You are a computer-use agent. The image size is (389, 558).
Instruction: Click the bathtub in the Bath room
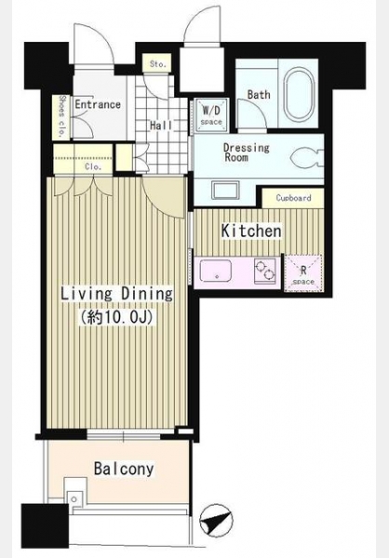pyautogui.click(x=299, y=94)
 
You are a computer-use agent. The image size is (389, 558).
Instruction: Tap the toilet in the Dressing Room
pyautogui.click(x=307, y=158)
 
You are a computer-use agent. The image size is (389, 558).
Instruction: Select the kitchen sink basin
pyautogui.click(x=216, y=271)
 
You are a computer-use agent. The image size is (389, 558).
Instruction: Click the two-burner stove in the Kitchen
pyautogui.click(x=265, y=271)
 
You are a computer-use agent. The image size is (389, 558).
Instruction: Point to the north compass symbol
pyautogui.click(x=216, y=520)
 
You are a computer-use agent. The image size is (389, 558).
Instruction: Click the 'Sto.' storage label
pyautogui.click(x=157, y=64)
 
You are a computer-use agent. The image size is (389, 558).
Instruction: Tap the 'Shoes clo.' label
pyautogui.click(x=62, y=116)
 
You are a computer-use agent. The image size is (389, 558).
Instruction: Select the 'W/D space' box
pyautogui.click(x=211, y=114)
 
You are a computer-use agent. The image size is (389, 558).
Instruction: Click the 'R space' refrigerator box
pyautogui.click(x=303, y=274)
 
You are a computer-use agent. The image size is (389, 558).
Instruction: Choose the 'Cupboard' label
pyautogui.click(x=293, y=198)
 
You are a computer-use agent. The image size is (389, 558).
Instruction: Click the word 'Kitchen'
pyautogui.click(x=251, y=231)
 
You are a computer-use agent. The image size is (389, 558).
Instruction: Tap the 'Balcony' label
pyautogui.click(x=124, y=469)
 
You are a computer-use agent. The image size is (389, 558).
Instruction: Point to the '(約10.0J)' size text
pyautogui.click(x=117, y=316)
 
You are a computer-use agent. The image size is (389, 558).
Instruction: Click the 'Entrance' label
pyautogui.click(x=98, y=104)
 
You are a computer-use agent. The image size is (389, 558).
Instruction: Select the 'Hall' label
pyautogui.click(x=161, y=126)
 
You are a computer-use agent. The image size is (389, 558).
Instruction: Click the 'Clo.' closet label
pyautogui.click(x=93, y=166)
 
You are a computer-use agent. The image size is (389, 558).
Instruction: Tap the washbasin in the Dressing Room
pyautogui.click(x=225, y=191)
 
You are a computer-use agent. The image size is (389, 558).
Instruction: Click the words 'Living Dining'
pyautogui.click(x=117, y=294)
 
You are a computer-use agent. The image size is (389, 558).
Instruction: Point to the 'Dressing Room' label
pyautogui.click(x=247, y=152)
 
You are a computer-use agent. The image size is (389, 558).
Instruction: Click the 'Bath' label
pyautogui.click(x=259, y=95)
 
